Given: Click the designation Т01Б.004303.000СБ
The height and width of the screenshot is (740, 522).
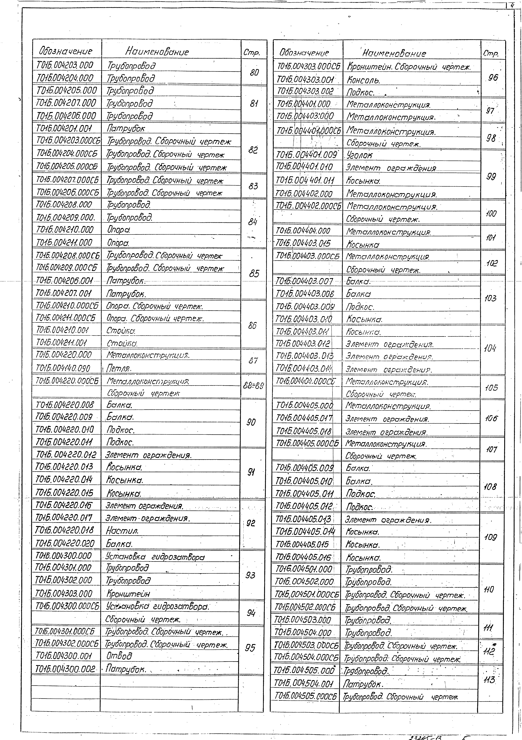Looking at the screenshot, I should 309,67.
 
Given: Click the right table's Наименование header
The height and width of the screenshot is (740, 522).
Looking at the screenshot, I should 394,53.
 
